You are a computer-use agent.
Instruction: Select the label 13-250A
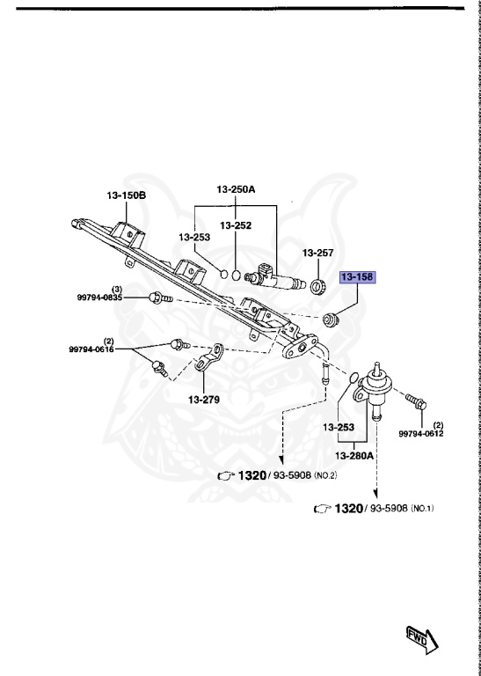(x=236, y=188)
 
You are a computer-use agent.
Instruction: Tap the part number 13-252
(x=236, y=225)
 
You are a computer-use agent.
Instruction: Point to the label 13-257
(x=318, y=253)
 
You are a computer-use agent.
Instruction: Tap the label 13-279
(x=203, y=399)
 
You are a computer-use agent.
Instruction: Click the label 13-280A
(x=353, y=455)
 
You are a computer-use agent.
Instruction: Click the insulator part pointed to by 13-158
(x=332, y=318)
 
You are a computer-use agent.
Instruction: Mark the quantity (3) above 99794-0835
(x=116, y=290)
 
